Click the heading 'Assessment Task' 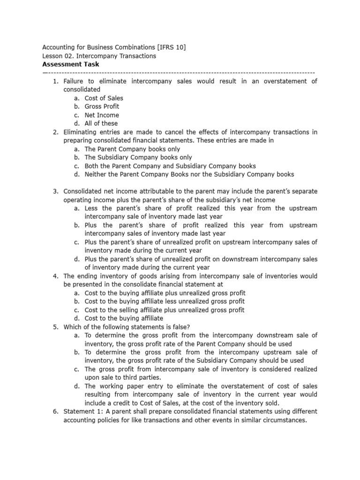[x=71, y=64]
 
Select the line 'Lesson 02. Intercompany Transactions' [x=99, y=56]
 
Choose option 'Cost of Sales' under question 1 [x=104, y=98]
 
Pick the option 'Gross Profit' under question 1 [x=102, y=106]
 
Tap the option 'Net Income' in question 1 [x=102, y=115]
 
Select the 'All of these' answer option [x=102, y=123]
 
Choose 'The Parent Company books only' [x=132, y=149]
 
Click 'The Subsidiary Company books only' [x=138, y=157]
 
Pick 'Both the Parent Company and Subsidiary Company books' [x=170, y=166]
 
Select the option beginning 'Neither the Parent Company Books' [x=189, y=174]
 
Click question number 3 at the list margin [x=55, y=191]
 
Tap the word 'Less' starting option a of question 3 [x=92, y=208]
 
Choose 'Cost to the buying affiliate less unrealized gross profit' [x=165, y=301]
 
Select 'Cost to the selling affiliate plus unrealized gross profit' [x=165, y=310]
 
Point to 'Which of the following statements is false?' [x=124, y=327]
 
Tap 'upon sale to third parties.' [x=123, y=377]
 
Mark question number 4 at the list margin [x=55, y=276]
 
